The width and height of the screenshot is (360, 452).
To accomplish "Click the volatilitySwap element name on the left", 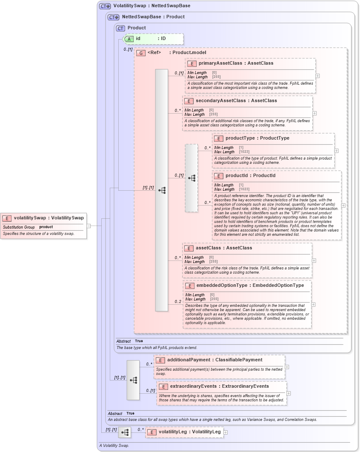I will [x=30, y=218].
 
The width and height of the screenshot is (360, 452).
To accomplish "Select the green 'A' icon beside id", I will [x=129, y=39].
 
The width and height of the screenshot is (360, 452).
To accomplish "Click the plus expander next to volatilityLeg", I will [x=226, y=432].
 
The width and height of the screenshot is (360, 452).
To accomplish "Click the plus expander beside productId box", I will [x=343, y=205].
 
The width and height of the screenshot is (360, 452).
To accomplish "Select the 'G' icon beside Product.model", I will [x=141, y=53].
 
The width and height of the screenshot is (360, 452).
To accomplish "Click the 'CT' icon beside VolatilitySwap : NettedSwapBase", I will [x=105, y=6].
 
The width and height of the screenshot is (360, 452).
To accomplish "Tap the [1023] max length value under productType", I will [x=244, y=152].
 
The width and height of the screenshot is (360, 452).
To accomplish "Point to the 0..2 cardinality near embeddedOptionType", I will [x=178, y=302].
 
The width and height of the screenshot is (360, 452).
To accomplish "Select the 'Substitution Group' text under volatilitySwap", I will [x=19, y=227].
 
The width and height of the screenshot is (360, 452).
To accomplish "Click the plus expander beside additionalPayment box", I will [x=287, y=367].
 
